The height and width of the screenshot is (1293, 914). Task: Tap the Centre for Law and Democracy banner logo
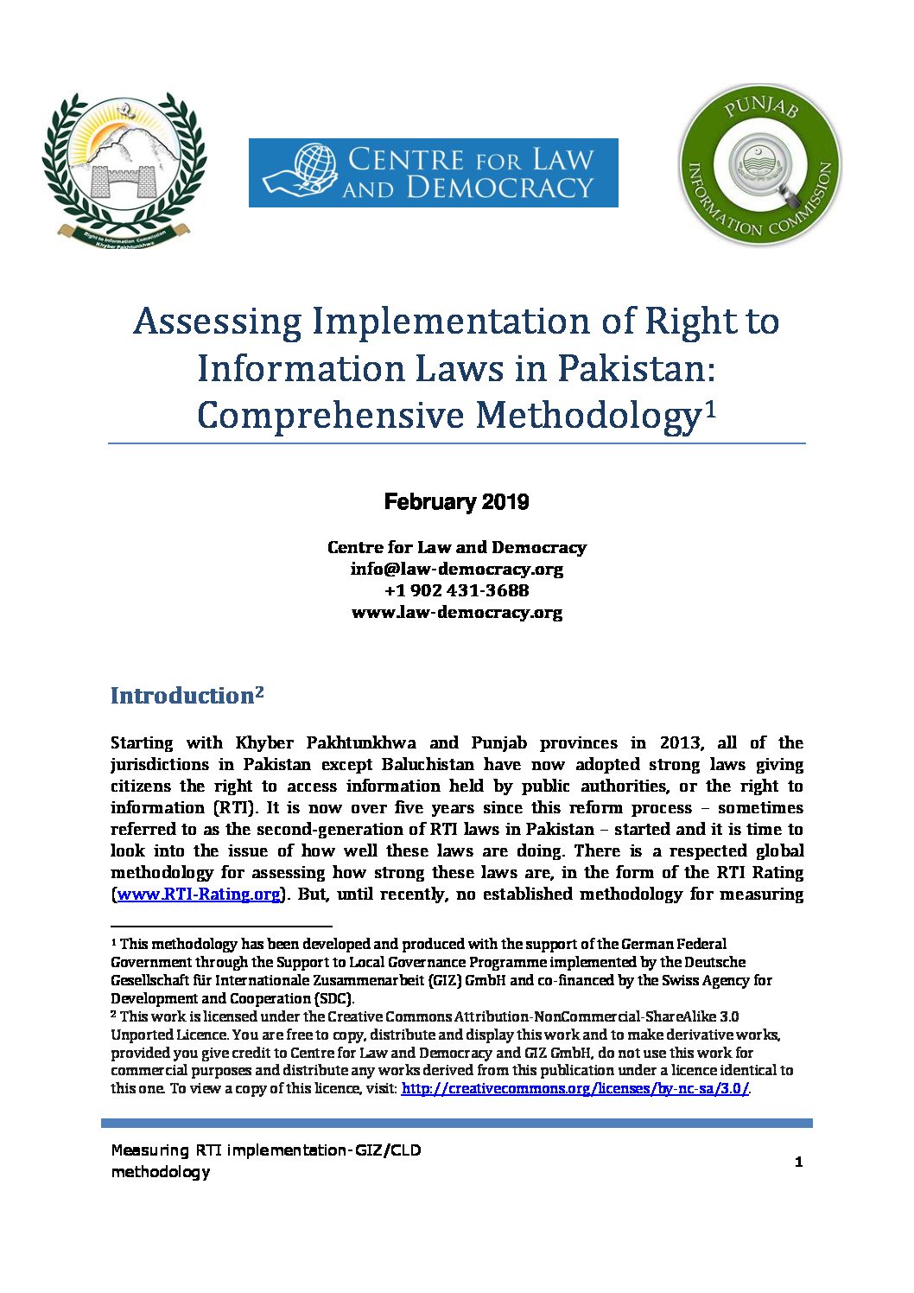(x=433, y=173)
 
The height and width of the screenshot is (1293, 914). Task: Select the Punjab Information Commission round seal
(x=759, y=164)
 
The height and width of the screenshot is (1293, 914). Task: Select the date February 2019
(x=456, y=502)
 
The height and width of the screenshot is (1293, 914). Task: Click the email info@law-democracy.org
(x=456, y=570)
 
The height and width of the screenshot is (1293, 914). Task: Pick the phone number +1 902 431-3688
(x=456, y=591)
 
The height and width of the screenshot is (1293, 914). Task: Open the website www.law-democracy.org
(x=456, y=613)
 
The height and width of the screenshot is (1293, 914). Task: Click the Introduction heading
(x=181, y=697)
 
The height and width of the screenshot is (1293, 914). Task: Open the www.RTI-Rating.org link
(x=199, y=895)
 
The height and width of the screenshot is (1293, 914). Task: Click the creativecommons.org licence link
(x=574, y=1089)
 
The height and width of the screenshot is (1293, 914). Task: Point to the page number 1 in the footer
(x=798, y=1162)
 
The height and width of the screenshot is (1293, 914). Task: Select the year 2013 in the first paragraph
(x=681, y=743)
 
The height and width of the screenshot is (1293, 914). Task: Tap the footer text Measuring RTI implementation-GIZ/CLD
(x=266, y=1150)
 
